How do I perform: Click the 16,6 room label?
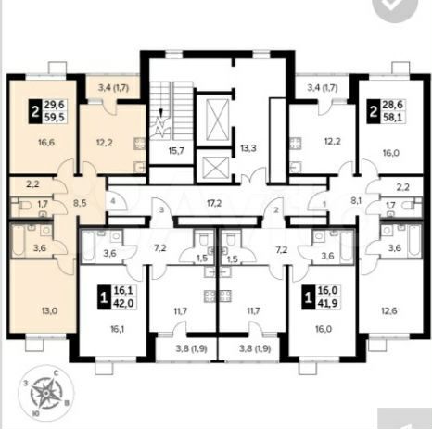tap(42, 144)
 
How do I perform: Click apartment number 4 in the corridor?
tap(111, 200)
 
